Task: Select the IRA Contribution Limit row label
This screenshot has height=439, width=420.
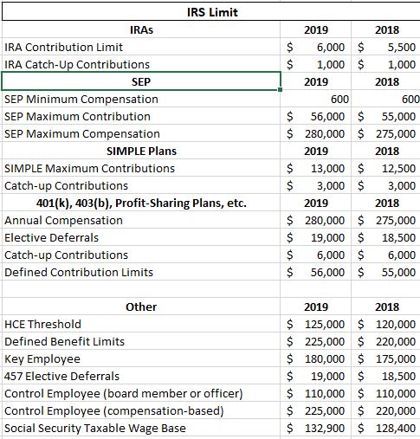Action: pyautogui.click(x=64, y=47)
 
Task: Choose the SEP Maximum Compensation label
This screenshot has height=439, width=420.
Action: pyautogui.click(x=82, y=133)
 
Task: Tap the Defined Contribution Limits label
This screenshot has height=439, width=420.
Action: pyautogui.click(x=79, y=272)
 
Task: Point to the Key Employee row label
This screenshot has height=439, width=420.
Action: pyautogui.click(x=42, y=358)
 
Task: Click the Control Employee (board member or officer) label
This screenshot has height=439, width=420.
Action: pyautogui.click(x=124, y=393)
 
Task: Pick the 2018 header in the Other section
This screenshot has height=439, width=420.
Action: pyautogui.click(x=387, y=307)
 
